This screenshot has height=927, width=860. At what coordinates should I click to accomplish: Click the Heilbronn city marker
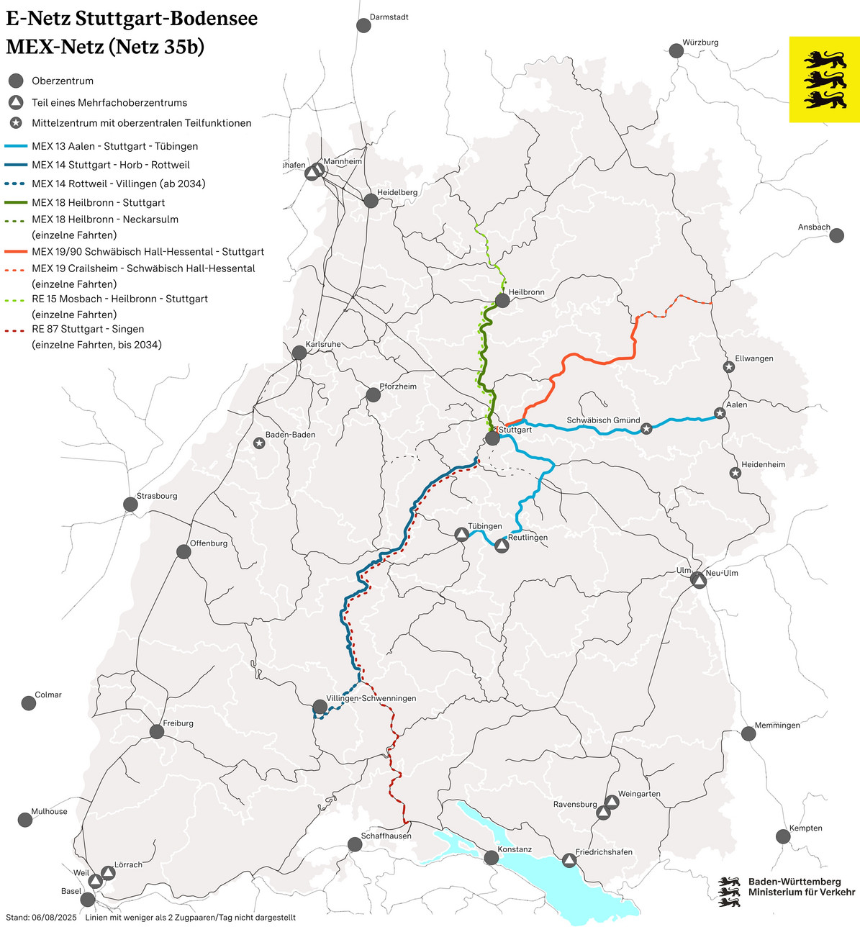[x=503, y=301]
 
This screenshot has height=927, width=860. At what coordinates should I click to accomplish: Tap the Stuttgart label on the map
[x=515, y=430]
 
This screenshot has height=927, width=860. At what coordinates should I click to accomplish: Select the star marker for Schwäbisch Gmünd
[x=646, y=429]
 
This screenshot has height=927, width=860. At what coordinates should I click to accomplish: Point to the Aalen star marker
[x=720, y=413]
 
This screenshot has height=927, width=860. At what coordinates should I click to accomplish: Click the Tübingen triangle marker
[x=461, y=535]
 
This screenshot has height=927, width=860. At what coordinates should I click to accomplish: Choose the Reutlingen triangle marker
[x=502, y=546]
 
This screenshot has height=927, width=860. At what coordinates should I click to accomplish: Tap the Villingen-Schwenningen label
[x=371, y=698]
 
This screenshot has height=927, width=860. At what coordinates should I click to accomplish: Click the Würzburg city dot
[x=676, y=50]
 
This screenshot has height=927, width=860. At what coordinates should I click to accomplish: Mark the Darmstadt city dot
[x=363, y=25]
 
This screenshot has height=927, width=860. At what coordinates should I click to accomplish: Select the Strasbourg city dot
[x=130, y=505]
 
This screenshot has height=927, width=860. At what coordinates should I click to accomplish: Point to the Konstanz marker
[x=492, y=857]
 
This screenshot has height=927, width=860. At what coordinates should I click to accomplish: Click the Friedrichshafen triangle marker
[x=569, y=860]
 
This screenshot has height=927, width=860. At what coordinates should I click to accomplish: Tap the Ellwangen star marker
[x=728, y=367]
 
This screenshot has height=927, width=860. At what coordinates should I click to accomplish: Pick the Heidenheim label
[x=764, y=465]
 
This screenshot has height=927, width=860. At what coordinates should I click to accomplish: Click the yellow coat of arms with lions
[x=825, y=79]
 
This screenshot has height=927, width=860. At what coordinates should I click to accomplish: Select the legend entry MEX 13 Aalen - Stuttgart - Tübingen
[x=115, y=146]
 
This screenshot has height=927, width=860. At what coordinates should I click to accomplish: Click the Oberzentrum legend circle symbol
[x=16, y=81]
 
